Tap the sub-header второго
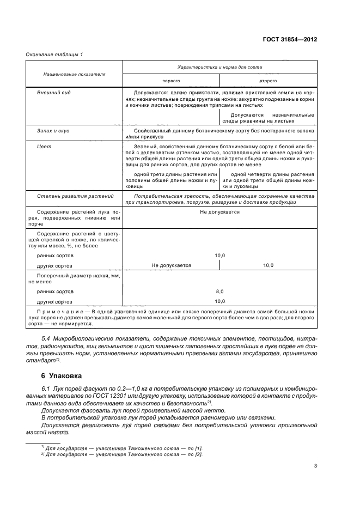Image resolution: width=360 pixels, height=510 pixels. (x=268, y=80)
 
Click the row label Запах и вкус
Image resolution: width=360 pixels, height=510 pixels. (x=53, y=131)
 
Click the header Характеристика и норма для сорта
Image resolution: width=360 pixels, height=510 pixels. (x=220, y=67)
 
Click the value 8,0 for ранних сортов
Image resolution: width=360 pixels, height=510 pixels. (x=219, y=292)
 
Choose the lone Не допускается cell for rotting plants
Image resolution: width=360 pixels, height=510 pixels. (x=219, y=211)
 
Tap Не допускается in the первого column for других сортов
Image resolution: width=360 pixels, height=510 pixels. (x=172, y=265)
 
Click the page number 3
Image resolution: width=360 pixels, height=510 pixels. (x=315, y=465)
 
